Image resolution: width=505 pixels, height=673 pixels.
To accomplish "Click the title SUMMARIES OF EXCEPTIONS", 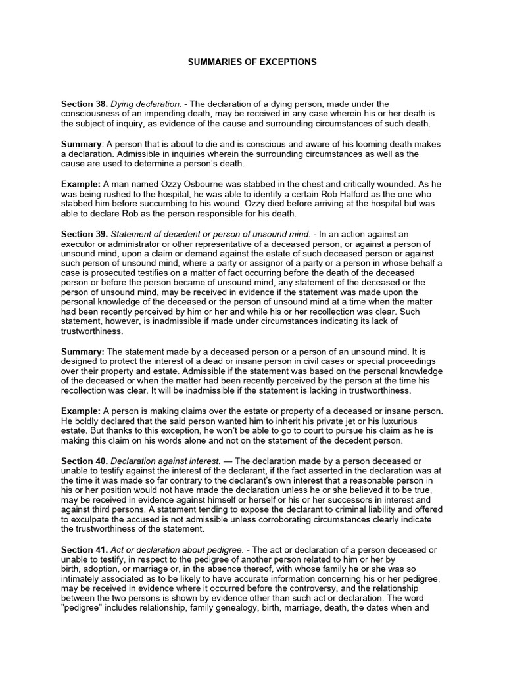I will (252, 62).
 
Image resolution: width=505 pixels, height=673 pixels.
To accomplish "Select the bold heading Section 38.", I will (84, 104).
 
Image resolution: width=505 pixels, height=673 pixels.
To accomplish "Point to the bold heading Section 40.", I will (84, 461).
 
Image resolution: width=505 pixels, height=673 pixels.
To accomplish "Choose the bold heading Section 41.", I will (84, 549).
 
